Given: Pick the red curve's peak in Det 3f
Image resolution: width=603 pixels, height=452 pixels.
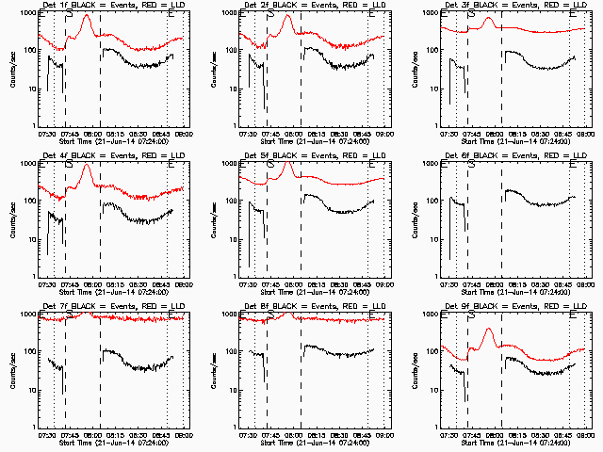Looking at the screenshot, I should tap(488, 18).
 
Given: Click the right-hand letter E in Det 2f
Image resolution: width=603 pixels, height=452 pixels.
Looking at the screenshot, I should tap(372, 14).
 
